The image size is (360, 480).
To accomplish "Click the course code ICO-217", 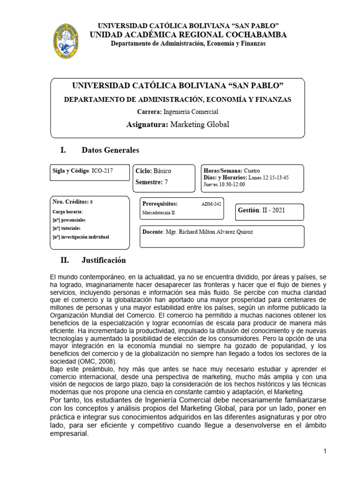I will pos(102,171).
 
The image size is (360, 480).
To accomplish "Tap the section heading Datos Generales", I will pos(110,150).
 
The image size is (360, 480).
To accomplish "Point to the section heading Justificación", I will pos(104,260).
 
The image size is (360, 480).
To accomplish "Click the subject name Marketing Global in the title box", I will pos(199,125).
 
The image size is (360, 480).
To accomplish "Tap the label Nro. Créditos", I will pos(70,201).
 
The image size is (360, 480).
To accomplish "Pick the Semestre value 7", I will pos(165,182).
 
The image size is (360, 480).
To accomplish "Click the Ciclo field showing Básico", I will pos(162,171).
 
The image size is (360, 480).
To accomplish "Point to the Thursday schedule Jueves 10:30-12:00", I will pos(224,184).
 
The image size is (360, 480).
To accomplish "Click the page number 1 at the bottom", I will pos(324,451).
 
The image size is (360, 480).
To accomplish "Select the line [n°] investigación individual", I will pos(81,237).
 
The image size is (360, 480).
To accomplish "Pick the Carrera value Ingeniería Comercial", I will pos(190,112).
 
